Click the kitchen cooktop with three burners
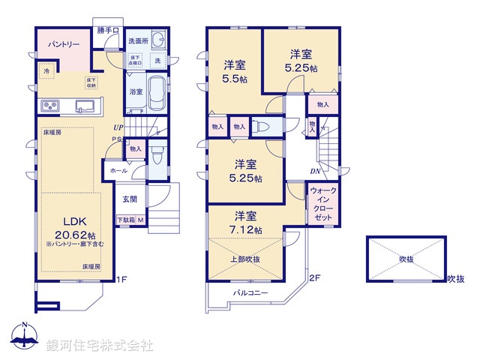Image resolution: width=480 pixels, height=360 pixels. coord(50,104)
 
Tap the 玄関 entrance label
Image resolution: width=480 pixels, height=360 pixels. coord(130,199)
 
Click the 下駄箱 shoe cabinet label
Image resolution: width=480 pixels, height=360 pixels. coord(125,220)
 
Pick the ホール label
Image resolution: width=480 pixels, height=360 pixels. coord(119,171)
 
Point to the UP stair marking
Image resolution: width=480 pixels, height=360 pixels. coord(118,127)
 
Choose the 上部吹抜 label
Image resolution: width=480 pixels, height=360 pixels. coord(246,259)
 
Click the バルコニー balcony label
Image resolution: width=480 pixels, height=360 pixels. coord(250,292)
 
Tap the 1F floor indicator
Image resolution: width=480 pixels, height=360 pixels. coord(121,280)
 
